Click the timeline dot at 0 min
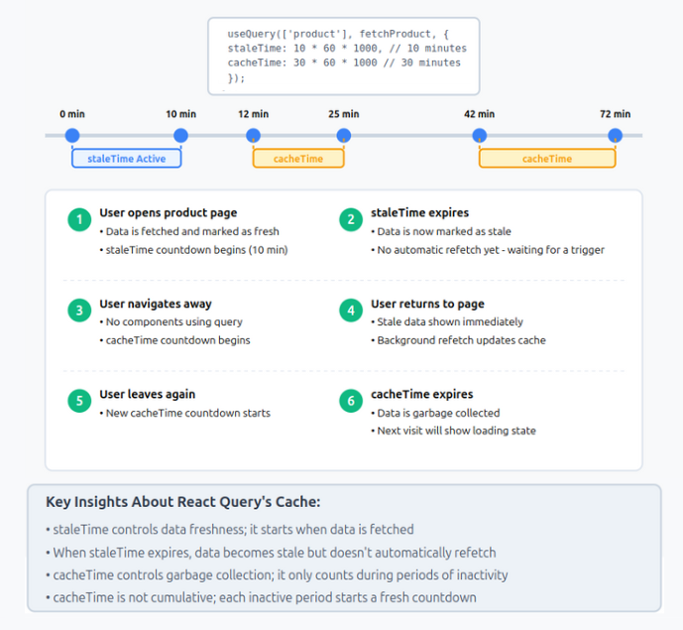71,136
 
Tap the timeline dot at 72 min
615,136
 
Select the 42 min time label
479,114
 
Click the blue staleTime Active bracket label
126,159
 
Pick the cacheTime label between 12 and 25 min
298,159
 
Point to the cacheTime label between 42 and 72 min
546,159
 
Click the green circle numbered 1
79,220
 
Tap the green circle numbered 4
350,311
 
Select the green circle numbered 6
350,401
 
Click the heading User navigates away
156,304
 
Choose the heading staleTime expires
420,212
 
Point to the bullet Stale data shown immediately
450,321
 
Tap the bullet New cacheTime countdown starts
187,413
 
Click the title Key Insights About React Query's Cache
183,502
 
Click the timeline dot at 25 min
343,136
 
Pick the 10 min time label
180,114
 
